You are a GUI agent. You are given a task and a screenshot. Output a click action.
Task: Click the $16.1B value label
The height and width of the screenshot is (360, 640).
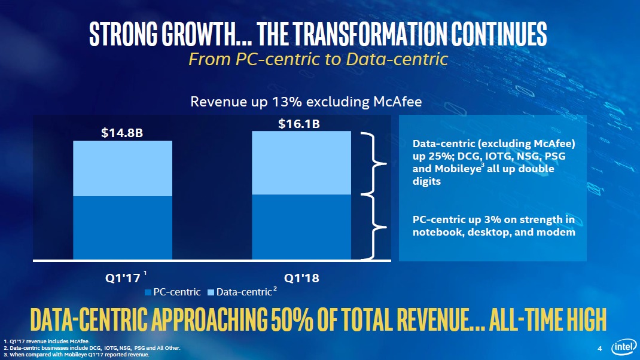pos(299,124)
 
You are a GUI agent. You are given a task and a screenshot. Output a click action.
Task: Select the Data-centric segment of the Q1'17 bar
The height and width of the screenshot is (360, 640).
pos(123,169)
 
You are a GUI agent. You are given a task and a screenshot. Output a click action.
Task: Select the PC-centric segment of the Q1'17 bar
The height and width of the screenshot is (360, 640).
pos(123,228)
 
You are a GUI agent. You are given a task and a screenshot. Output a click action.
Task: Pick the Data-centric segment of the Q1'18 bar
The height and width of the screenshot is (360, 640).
pos(300,163)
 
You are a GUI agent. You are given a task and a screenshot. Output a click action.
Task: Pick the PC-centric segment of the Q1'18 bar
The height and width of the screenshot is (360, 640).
pos(300,227)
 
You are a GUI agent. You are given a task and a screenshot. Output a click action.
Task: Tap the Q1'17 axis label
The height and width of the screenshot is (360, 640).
pos(122,278)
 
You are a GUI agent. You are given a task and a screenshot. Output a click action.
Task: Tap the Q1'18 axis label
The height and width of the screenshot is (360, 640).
pos(301,278)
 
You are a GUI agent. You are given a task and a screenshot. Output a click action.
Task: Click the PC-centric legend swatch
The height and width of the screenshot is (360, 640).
pos(148,292)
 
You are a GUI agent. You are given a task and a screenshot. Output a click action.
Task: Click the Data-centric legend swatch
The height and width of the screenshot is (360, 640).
pos(211,292)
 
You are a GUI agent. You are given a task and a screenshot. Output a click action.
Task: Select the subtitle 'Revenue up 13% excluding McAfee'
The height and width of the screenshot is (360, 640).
pos(306,102)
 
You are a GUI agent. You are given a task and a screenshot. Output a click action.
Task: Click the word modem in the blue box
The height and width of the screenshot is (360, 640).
pos(556,232)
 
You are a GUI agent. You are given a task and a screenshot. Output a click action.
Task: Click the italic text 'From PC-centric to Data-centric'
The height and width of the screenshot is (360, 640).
pos(318,59)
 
